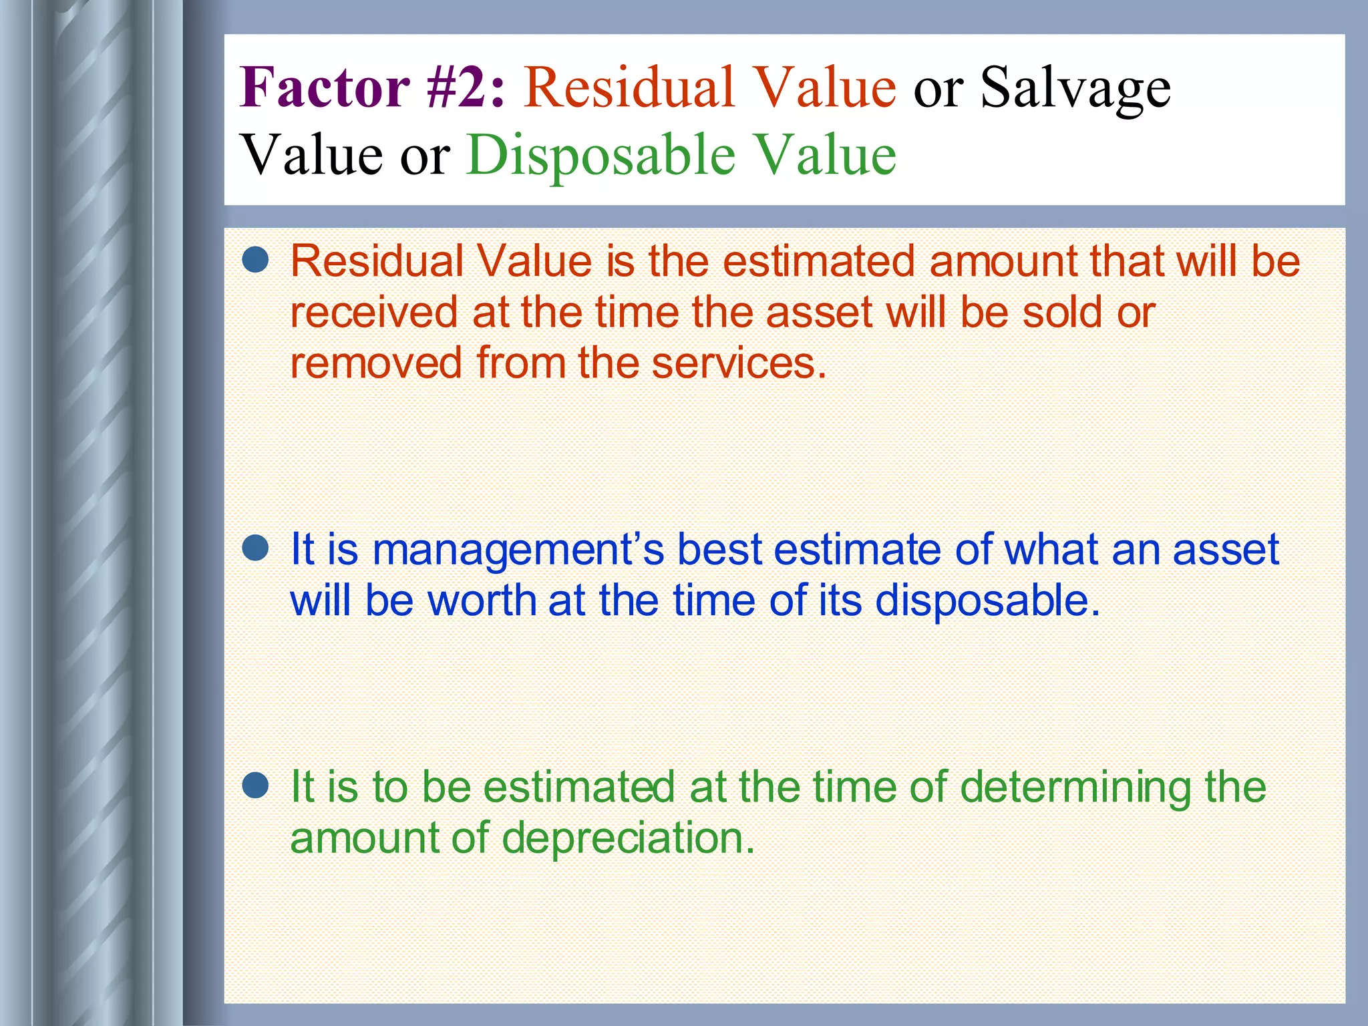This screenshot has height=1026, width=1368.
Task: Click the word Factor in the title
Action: coord(325,88)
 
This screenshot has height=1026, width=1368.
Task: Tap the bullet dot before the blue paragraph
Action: coord(255,548)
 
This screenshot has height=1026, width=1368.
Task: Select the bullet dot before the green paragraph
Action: coord(255,786)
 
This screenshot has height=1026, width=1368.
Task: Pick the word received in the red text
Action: coord(374,312)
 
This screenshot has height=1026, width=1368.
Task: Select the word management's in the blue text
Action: coord(518,550)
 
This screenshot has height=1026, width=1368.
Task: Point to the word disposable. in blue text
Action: coord(987,601)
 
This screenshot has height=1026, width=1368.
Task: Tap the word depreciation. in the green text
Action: coord(629,839)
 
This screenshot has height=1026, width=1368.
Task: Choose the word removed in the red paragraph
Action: coord(376,363)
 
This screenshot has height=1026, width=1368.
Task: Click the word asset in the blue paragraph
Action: coord(1226,550)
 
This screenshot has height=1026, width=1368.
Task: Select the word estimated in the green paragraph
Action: coord(578,787)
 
